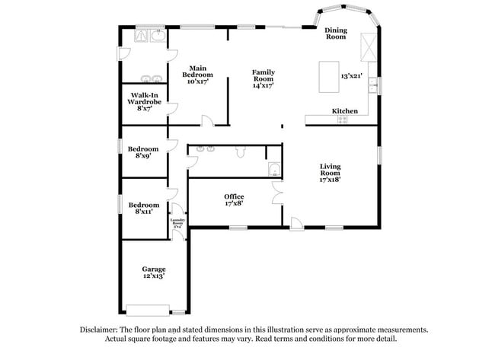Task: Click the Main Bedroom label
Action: coord(197,75)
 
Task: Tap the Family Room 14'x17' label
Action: coord(263,78)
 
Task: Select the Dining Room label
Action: coord(336,33)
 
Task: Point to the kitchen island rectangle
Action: coord(328,77)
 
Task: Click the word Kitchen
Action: coord(345,111)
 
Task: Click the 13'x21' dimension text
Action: coord(351,76)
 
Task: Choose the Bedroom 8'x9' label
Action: coord(143,151)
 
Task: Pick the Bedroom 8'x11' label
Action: coord(144,208)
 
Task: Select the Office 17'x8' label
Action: coord(234,200)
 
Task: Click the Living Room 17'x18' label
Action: coord(330,173)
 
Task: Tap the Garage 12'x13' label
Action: coord(154,272)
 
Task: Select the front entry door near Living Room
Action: coord(295,222)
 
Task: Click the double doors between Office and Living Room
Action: coord(276,196)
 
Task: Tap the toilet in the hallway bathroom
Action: coord(241,152)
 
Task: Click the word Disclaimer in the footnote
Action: coord(102,330)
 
